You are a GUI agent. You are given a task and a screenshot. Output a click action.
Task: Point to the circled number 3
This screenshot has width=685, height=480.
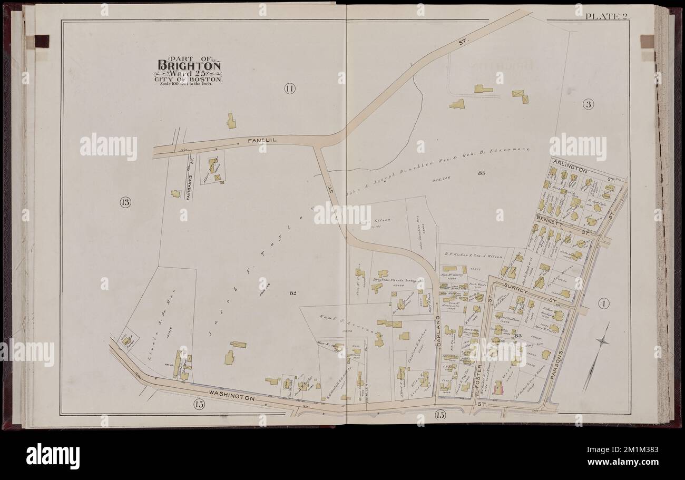point(588,104)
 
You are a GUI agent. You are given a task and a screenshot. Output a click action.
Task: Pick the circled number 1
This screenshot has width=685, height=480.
point(603,302)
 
